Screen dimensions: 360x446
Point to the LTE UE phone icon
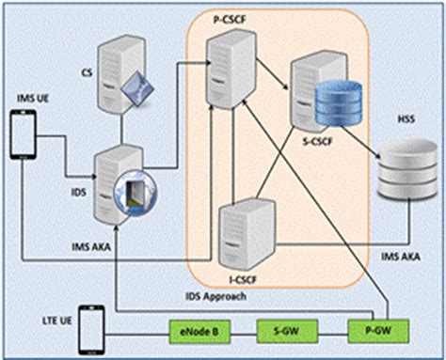89,327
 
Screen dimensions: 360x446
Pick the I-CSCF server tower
244,231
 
